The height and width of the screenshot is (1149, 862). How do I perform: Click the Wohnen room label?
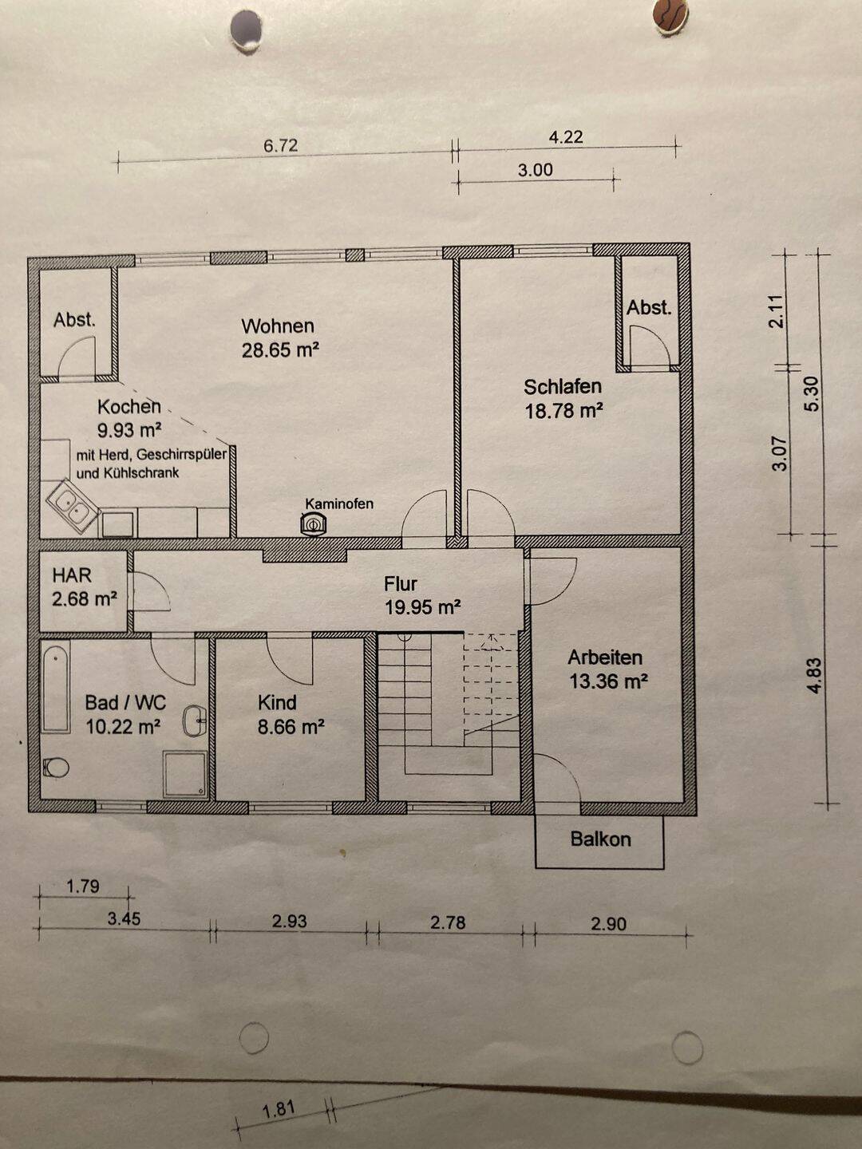click(x=278, y=326)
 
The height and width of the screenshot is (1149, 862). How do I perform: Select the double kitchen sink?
click(x=73, y=506)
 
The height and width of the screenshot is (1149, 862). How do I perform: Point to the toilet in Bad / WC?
click(x=56, y=768)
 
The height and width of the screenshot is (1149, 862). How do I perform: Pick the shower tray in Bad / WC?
click(x=184, y=775)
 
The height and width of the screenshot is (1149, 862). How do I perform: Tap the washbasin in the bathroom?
click(x=195, y=721)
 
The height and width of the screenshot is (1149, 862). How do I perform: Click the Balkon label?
click(x=600, y=839)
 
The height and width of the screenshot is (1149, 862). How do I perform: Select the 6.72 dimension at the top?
click(x=280, y=145)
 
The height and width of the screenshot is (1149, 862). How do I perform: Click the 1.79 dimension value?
click(x=83, y=886)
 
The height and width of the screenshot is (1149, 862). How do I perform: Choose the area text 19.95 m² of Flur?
click(x=423, y=608)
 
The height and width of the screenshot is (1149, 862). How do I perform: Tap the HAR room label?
click(x=72, y=575)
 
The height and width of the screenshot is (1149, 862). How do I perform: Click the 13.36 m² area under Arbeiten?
click(x=609, y=681)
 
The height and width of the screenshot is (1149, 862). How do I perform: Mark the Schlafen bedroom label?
click(x=563, y=387)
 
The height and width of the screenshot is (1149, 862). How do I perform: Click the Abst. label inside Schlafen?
click(x=649, y=308)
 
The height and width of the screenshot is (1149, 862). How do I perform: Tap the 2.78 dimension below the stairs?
click(x=448, y=922)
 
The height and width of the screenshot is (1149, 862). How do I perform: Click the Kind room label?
click(x=277, y=702)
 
